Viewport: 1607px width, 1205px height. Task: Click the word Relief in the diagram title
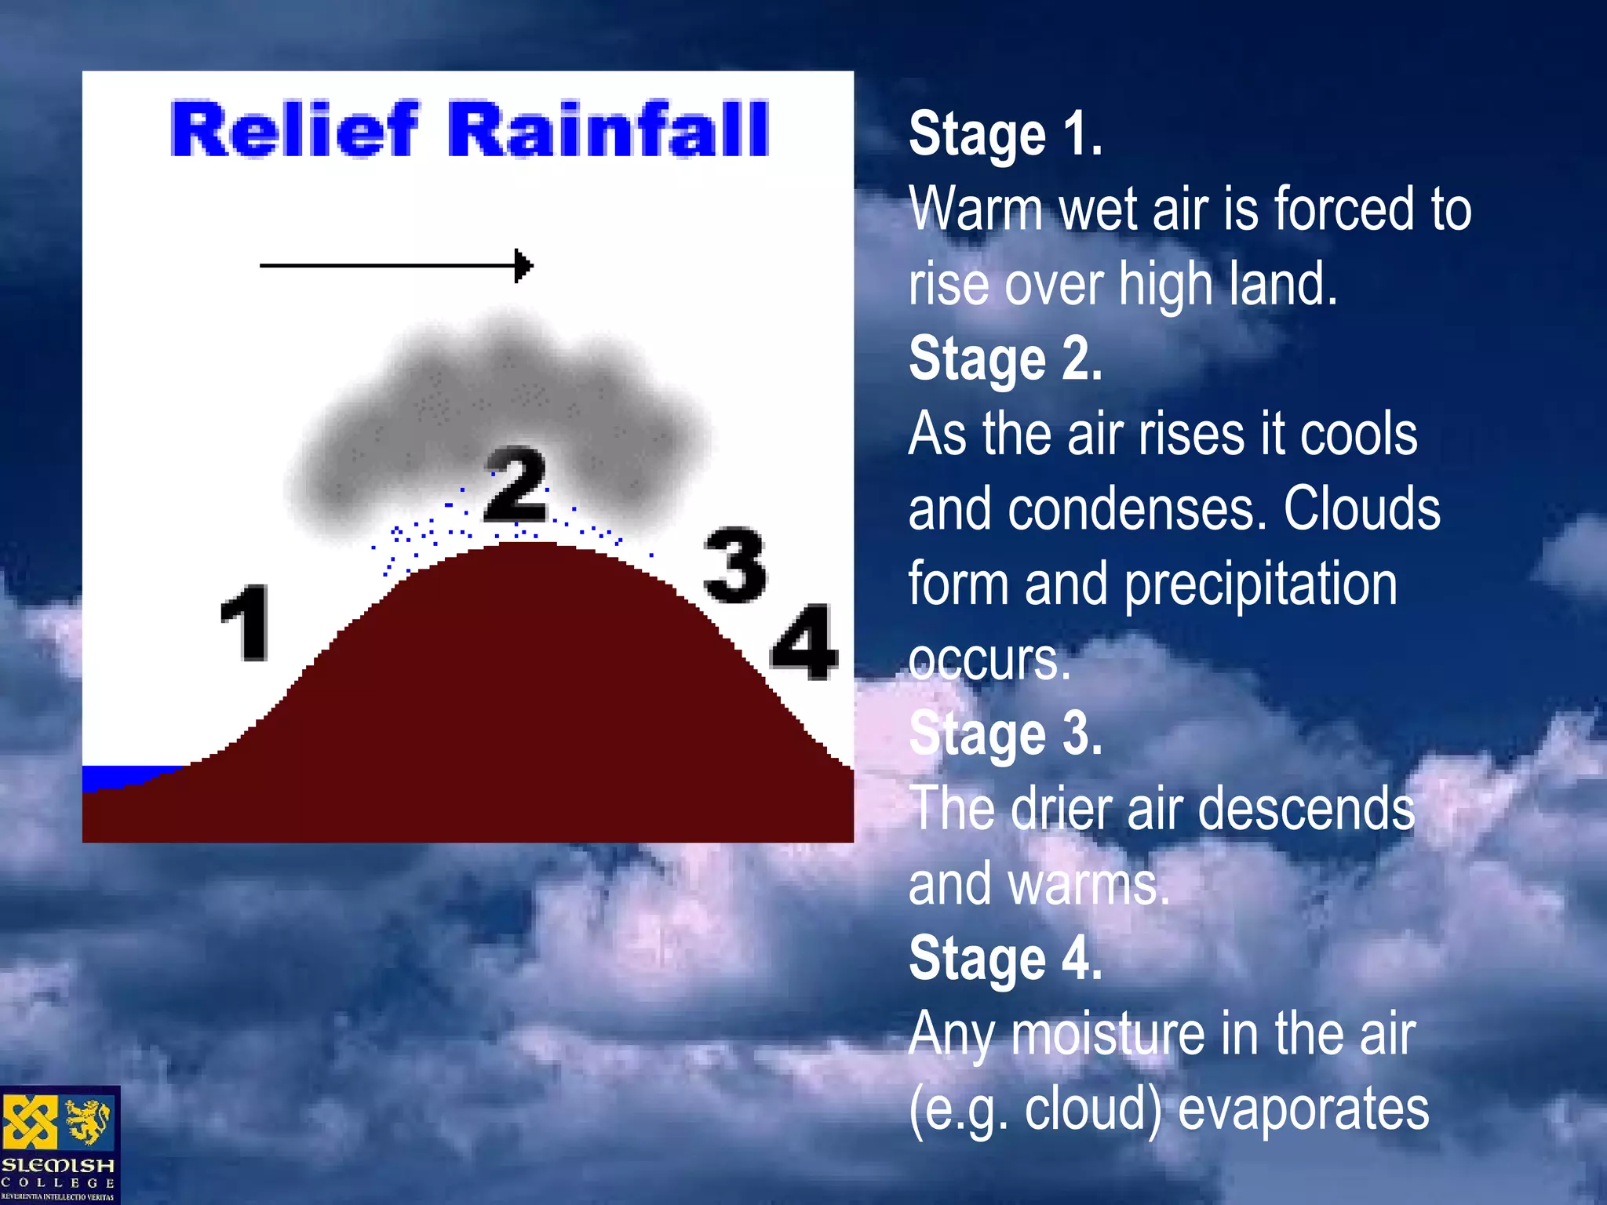tap(294, 130)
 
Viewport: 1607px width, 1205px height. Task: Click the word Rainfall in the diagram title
tap(608, 130)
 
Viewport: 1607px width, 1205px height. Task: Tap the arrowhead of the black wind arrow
tap(524, 266)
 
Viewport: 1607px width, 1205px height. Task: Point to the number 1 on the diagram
tap(246, 623)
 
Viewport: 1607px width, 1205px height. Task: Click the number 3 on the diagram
tap(734, 566)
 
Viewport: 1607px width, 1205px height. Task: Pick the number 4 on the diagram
tap(804, 642)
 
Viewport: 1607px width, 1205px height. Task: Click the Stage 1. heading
tap(1005, 135)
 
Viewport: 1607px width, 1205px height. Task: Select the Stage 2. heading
tap(1005, 359)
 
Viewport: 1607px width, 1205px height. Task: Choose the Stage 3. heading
tap(1005, 734)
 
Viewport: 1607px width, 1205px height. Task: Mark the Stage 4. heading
tap(1005, 959)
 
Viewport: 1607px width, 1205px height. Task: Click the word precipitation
tap(1261, 585)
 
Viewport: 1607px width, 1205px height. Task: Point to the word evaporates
tap(1303, 1109)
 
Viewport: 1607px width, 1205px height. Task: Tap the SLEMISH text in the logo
tap(58, 1166)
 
